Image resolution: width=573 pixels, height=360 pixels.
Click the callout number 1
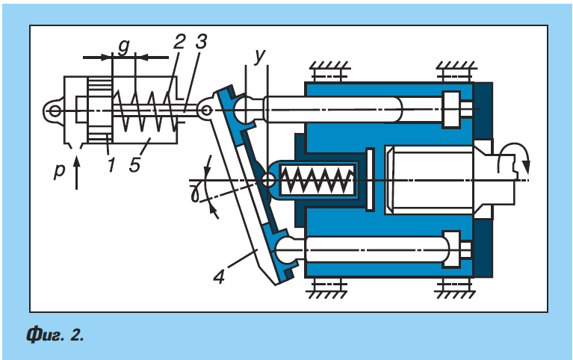111,164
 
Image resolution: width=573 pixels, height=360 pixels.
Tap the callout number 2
179,41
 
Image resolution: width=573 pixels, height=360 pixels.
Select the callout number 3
201,41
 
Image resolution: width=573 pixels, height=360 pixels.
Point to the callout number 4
219,276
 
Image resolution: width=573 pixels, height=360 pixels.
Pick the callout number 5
134,165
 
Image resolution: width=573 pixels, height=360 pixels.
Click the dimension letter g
124,47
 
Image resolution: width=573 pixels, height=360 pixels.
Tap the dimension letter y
260,55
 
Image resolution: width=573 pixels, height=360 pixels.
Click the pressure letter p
59,170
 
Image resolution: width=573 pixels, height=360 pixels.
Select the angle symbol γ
196,192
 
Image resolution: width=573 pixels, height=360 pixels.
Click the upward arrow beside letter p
76,173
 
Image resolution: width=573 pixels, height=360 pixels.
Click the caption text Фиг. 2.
55,335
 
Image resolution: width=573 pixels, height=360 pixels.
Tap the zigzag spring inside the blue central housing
318,180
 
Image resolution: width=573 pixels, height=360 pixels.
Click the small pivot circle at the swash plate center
269,180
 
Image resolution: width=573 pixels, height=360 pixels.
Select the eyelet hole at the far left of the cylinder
55,111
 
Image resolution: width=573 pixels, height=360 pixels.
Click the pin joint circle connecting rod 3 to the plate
206,110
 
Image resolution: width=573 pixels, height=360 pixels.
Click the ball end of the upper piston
247,110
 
